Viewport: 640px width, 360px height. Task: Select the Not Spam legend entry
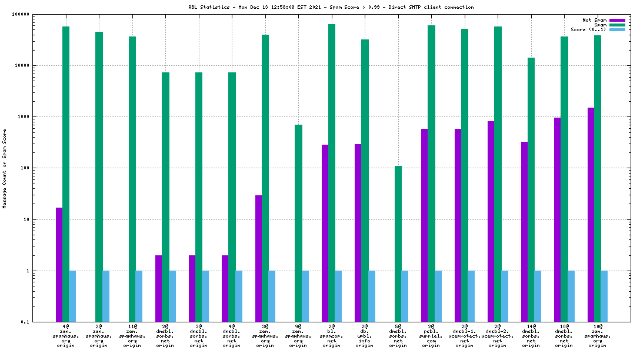tap(594, 20)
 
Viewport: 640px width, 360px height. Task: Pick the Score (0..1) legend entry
tap(589, 29)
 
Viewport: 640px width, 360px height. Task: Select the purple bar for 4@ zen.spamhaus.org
tap(59, 265)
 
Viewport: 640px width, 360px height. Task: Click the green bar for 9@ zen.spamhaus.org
tap(298, 224)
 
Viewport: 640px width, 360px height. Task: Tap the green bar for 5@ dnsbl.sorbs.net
tap(398, 244)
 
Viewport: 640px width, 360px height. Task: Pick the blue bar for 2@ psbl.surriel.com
tap(438, 296)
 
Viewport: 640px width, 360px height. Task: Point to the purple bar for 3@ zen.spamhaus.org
tap(258, 259)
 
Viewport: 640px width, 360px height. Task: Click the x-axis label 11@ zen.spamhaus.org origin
tap(132, 335)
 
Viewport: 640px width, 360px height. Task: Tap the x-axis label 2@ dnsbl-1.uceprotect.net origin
tap(465, 335)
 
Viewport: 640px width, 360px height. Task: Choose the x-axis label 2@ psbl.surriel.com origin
tap(431, 335)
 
